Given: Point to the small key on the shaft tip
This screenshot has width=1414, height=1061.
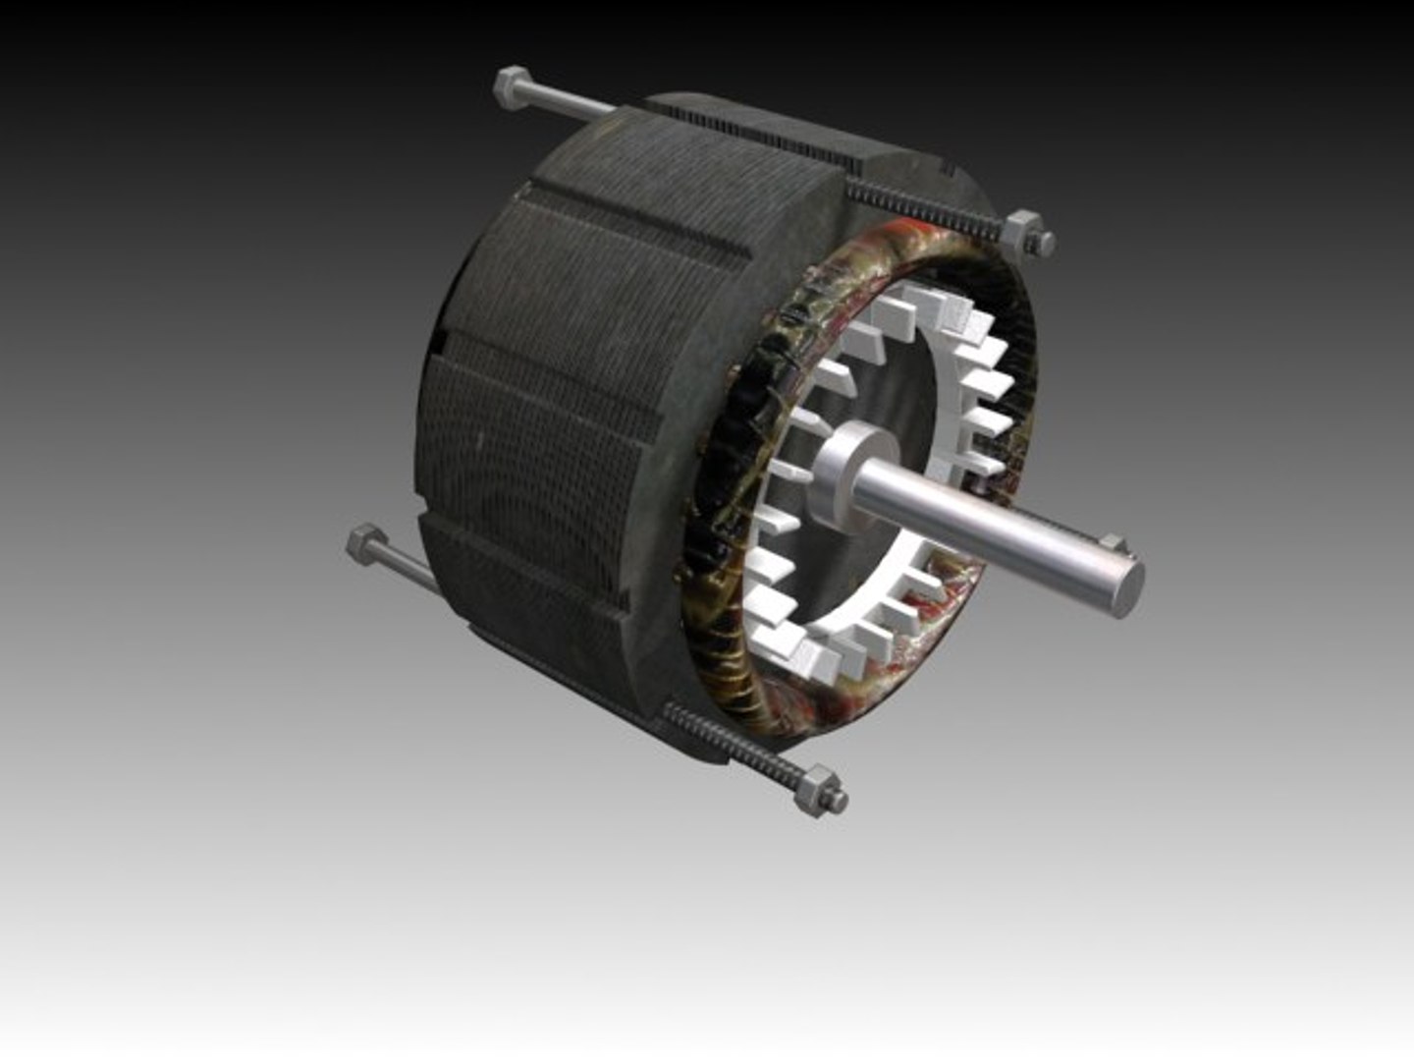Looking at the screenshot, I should pos(1110,542).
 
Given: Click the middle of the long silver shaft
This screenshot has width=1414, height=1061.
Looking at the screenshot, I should pos(992,521).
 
